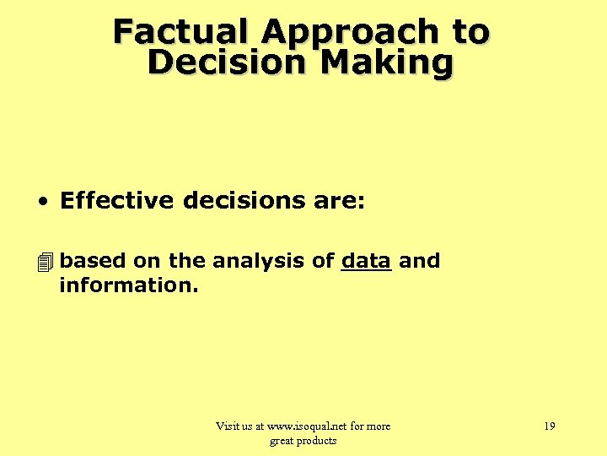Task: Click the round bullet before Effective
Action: click(41, 202)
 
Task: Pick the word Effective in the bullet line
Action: click(117, 201)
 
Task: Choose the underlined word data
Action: click(366, 261)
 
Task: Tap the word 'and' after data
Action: click(419, 261)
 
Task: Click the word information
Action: click(128, 285)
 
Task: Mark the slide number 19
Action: click(549, 426)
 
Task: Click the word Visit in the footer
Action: click(228, 426)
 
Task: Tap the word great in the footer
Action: click(282, 441)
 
